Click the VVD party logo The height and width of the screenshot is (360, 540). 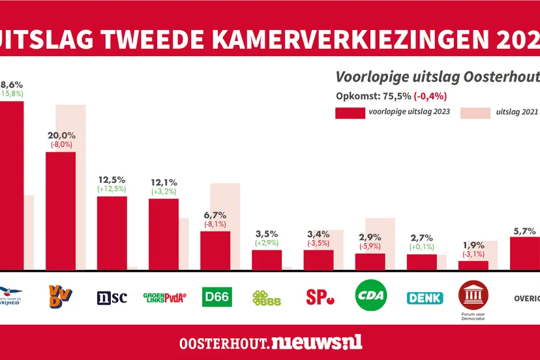click(61, 296)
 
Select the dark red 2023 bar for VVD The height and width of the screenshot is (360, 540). click(61, 210)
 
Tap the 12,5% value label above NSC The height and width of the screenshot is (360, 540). click(112, 179)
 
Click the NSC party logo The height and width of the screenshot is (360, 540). click(112, 297)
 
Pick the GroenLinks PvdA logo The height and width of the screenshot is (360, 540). click(164, 297)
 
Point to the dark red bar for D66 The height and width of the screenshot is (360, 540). click(215, 250)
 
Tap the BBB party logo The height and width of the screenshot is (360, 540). click(267, 297)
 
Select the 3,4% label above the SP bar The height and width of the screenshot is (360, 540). click(318, 233)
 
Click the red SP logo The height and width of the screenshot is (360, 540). click(319, 297)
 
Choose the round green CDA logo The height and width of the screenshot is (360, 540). click(370, 297)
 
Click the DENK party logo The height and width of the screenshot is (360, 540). click(425, 297)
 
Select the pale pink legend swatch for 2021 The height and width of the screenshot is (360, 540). click(475, 112)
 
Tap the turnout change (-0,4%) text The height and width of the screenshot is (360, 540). click(428, 95)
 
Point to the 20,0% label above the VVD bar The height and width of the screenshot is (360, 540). click(61, 136)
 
